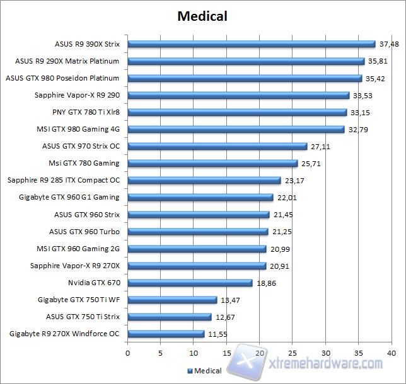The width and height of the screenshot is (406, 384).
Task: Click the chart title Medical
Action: (202, 15)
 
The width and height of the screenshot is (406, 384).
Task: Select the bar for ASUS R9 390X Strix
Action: (252, 44)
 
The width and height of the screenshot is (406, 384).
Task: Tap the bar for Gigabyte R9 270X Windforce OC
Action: (166, 334)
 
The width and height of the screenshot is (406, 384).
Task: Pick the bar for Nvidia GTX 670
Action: (190, 283)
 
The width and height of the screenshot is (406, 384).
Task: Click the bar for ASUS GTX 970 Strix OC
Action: (217, 146)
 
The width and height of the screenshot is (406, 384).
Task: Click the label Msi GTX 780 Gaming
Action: (93, 163)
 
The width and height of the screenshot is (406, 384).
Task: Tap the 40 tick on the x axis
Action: (391, 353)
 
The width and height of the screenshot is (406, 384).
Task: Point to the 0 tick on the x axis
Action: (128, 353)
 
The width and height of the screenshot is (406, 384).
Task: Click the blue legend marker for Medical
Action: (188, 371)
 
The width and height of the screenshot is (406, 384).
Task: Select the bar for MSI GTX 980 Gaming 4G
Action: (236, 129)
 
